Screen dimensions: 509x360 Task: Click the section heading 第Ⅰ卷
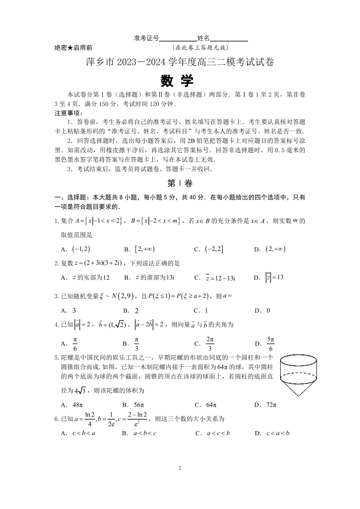tap(180, 183)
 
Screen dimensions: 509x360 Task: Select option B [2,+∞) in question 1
tap(140, 249)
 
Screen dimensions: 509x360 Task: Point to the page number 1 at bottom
tap(180, 468)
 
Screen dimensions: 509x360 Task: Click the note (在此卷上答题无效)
tap(200, 47)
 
